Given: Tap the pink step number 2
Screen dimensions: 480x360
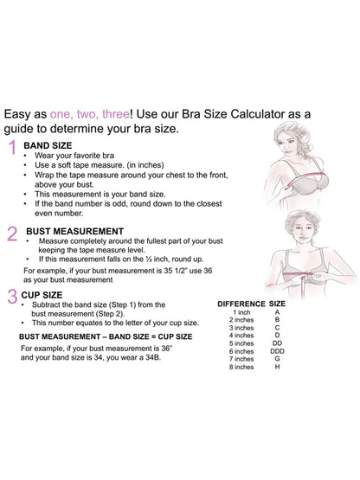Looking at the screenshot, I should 12,234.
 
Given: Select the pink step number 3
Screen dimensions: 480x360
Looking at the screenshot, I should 12,298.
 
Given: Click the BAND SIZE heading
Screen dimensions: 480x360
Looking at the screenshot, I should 48,145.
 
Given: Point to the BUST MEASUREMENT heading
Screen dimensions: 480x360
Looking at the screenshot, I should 74,231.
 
